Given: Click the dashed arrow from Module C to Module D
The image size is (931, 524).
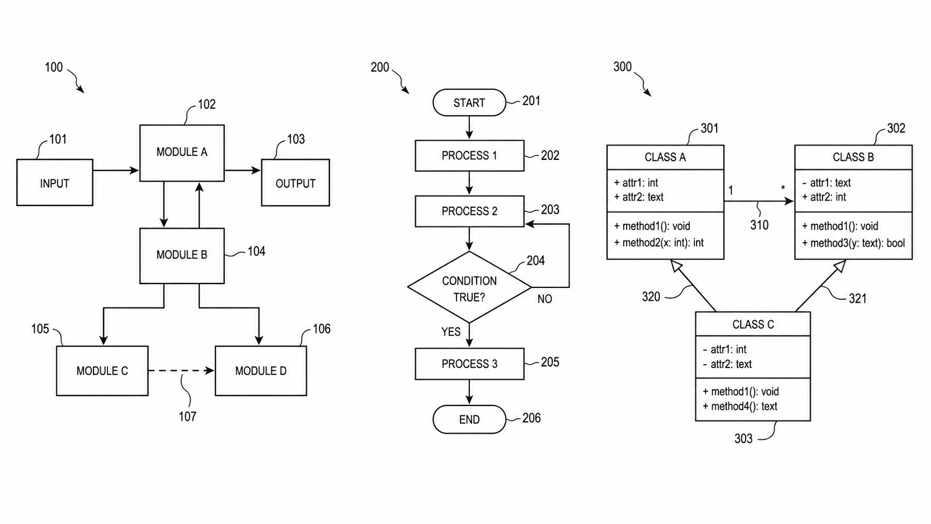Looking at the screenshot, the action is click(x=181, y=370).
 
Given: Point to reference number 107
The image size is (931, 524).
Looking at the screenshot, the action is click(x=188, y=417).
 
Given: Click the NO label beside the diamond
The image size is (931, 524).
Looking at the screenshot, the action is click(x=545, y=299).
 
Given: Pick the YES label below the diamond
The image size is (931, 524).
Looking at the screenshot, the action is click(x=451, y=331).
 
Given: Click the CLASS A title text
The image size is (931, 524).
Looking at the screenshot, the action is click(x=665, y=157).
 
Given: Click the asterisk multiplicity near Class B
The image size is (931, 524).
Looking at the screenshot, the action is click(x=783, y=188).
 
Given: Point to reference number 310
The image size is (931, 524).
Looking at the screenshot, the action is click(x=759, y=225).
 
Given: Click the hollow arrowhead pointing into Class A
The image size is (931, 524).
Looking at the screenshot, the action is click(x=676, y=266).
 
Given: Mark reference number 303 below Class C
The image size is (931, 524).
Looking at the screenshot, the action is click(x=743, y=438).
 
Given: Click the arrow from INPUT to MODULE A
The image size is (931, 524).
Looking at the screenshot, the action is click(x=116, y=170).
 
